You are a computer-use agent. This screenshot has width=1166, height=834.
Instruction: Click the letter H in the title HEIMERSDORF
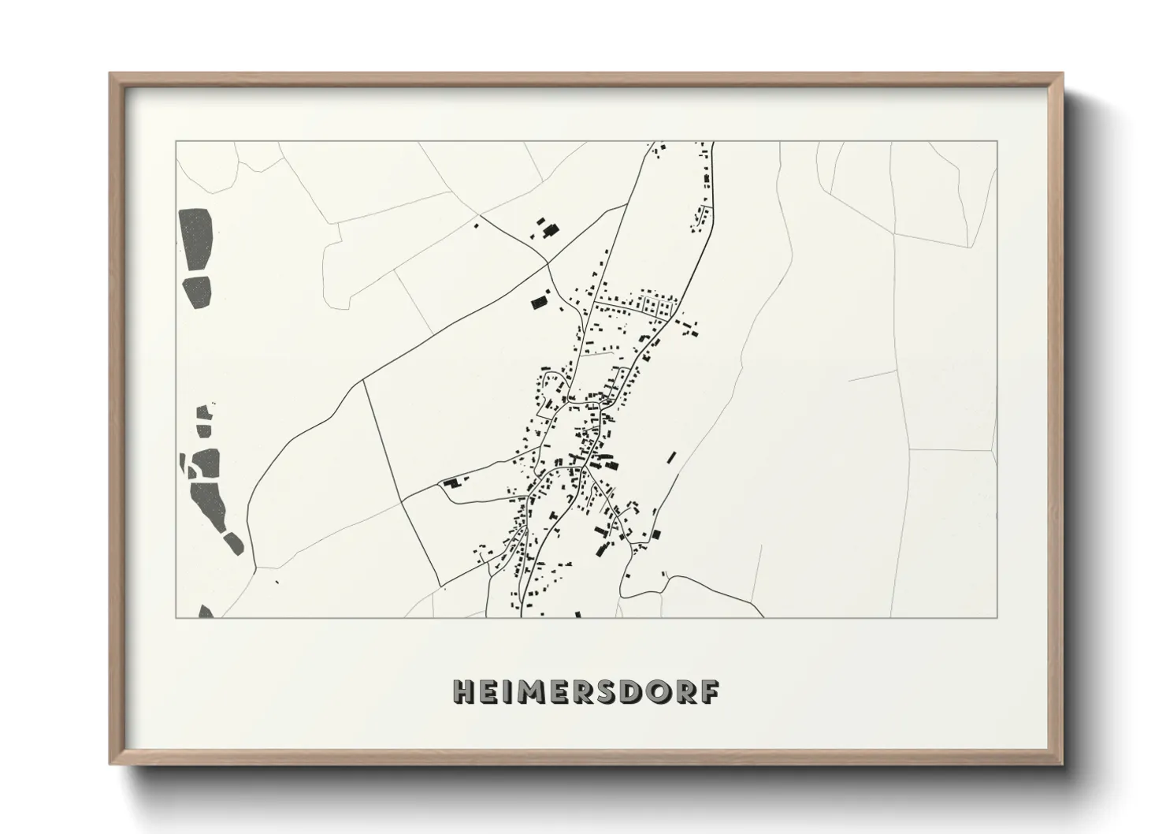pos(463,691)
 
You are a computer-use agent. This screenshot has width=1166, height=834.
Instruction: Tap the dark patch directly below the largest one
pos(199,291)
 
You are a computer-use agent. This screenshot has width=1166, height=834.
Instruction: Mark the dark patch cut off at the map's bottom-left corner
pos(206,611)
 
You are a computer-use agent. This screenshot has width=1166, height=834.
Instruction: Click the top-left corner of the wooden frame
pos(110,75)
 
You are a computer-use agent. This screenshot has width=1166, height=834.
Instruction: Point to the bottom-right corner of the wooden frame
pos(1061,764)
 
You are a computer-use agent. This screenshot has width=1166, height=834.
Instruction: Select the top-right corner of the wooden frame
pos(1061,75)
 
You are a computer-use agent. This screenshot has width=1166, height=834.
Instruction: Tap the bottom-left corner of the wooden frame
pos(110,764)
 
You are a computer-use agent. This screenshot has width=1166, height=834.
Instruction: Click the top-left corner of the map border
pos(176,142)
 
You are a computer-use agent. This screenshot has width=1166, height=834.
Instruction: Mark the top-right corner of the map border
pos(997,142)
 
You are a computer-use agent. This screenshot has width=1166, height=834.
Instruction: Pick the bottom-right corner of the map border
pos(997,617)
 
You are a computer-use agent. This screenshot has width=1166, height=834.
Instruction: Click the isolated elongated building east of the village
pos(671,457)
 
